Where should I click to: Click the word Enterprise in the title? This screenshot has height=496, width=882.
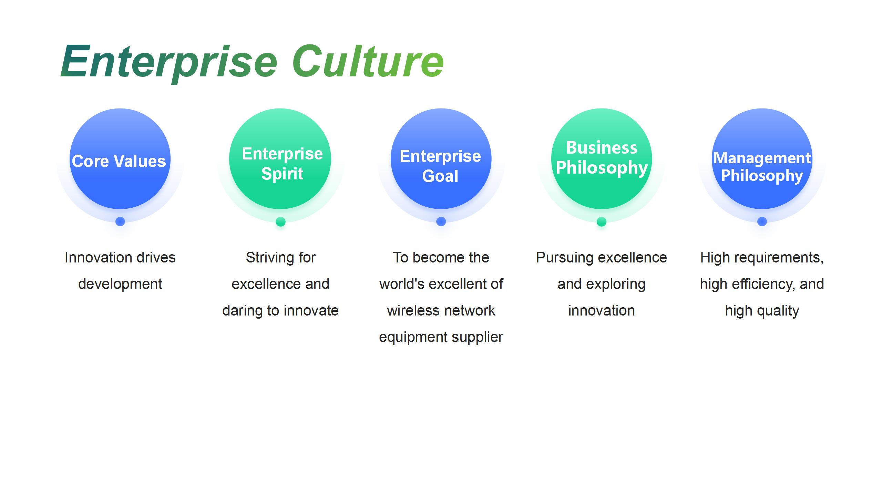(x=169, y=62)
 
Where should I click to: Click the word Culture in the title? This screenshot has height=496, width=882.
(x=368, y=61)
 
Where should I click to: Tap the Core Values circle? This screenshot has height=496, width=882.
(x=120, y=159)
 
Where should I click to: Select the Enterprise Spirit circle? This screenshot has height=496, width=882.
(x=280, y=159)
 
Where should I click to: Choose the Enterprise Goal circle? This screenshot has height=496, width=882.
(x=441, y=159)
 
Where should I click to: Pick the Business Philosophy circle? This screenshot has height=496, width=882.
(x=602, y=159)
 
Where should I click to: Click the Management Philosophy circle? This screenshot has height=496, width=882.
(x=762, y=159)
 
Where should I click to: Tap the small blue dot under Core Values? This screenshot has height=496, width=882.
(x=120, y=221)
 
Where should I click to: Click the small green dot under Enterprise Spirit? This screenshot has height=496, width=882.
(x=280, y=221)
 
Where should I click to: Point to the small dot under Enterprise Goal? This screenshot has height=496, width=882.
(x=441, y=221)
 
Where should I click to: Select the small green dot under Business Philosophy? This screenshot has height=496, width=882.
(x=602, y=221)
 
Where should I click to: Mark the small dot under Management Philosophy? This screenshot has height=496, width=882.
(x=762, y=221)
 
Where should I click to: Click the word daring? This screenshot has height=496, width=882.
(x=243, y=311)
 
